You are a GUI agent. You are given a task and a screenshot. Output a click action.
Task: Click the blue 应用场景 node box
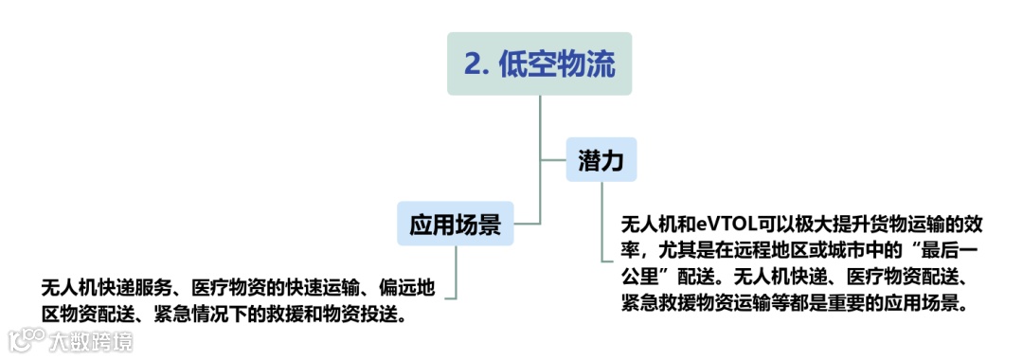(x=455, y=224)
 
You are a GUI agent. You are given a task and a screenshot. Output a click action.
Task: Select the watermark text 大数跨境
(x=91, y=340)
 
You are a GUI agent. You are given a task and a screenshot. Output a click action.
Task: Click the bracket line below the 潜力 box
(x=601, y=227)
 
